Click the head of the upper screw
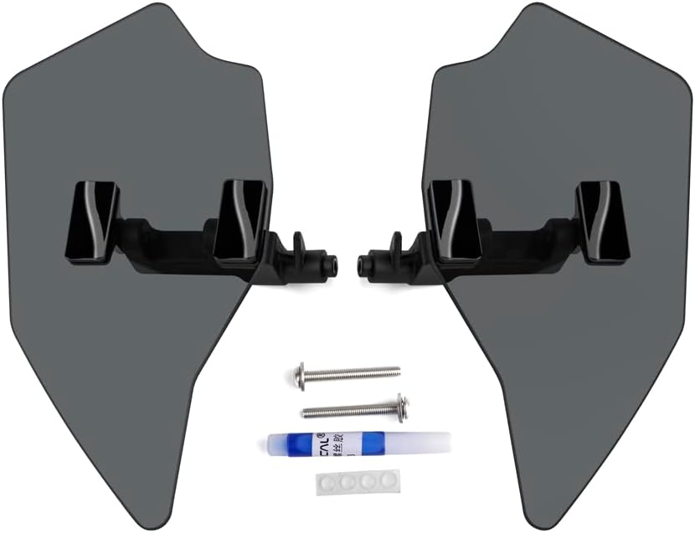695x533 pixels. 300,375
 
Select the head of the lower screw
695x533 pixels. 402,407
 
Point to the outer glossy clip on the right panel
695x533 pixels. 602,222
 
